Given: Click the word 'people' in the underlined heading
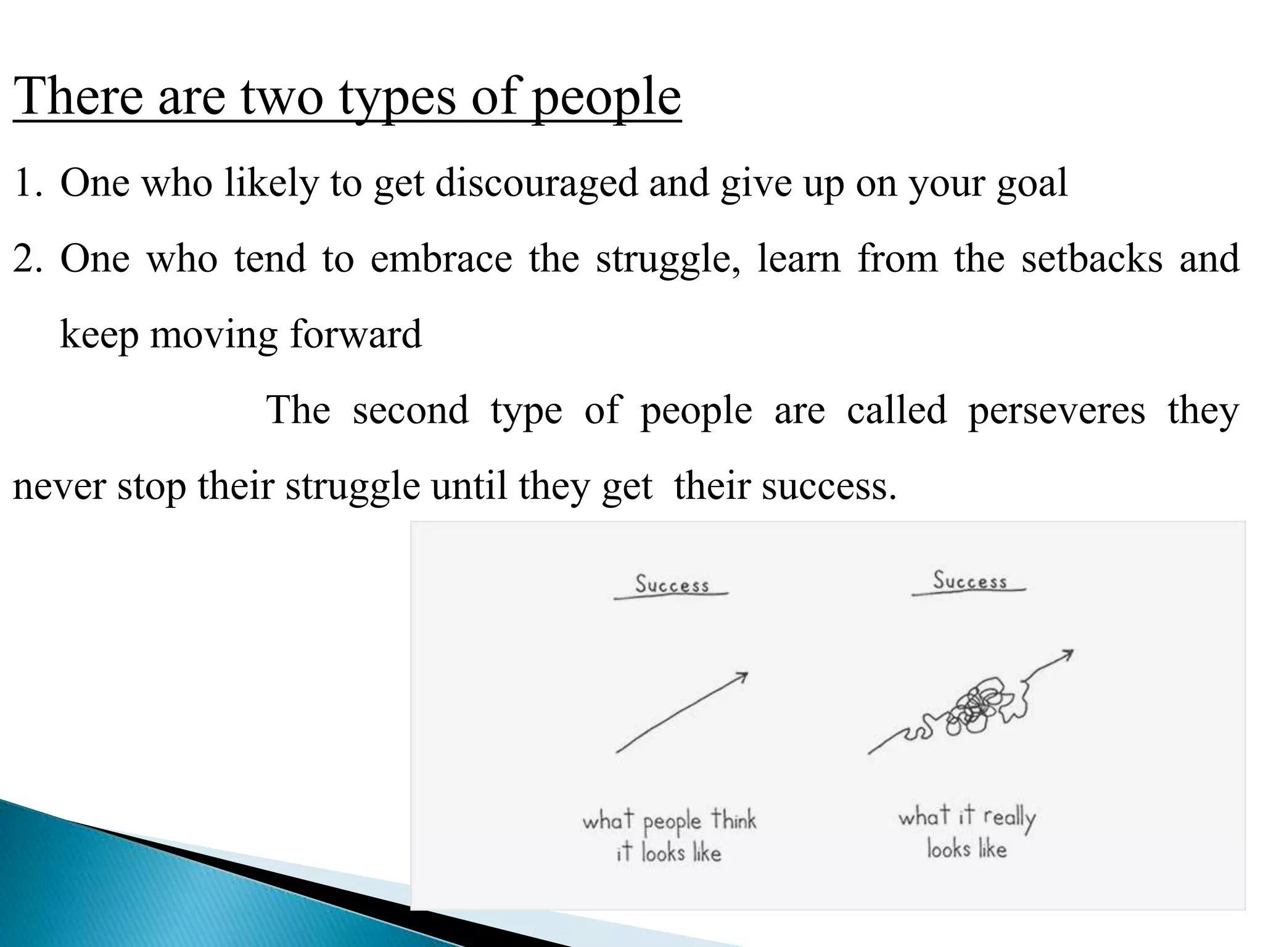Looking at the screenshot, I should [x=606, y=99].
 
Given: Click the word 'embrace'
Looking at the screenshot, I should [x=441, y=259].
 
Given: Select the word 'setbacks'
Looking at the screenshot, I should [x=1092, y=259].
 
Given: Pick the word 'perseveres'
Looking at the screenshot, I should [x=1056, y=411].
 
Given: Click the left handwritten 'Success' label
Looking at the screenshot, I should [x=672, y=584].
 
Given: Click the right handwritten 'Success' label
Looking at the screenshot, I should [x=969, y=580].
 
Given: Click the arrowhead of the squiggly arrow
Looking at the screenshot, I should [x=1067, y=654].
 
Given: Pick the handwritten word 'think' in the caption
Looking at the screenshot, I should [x=733, y=820].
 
